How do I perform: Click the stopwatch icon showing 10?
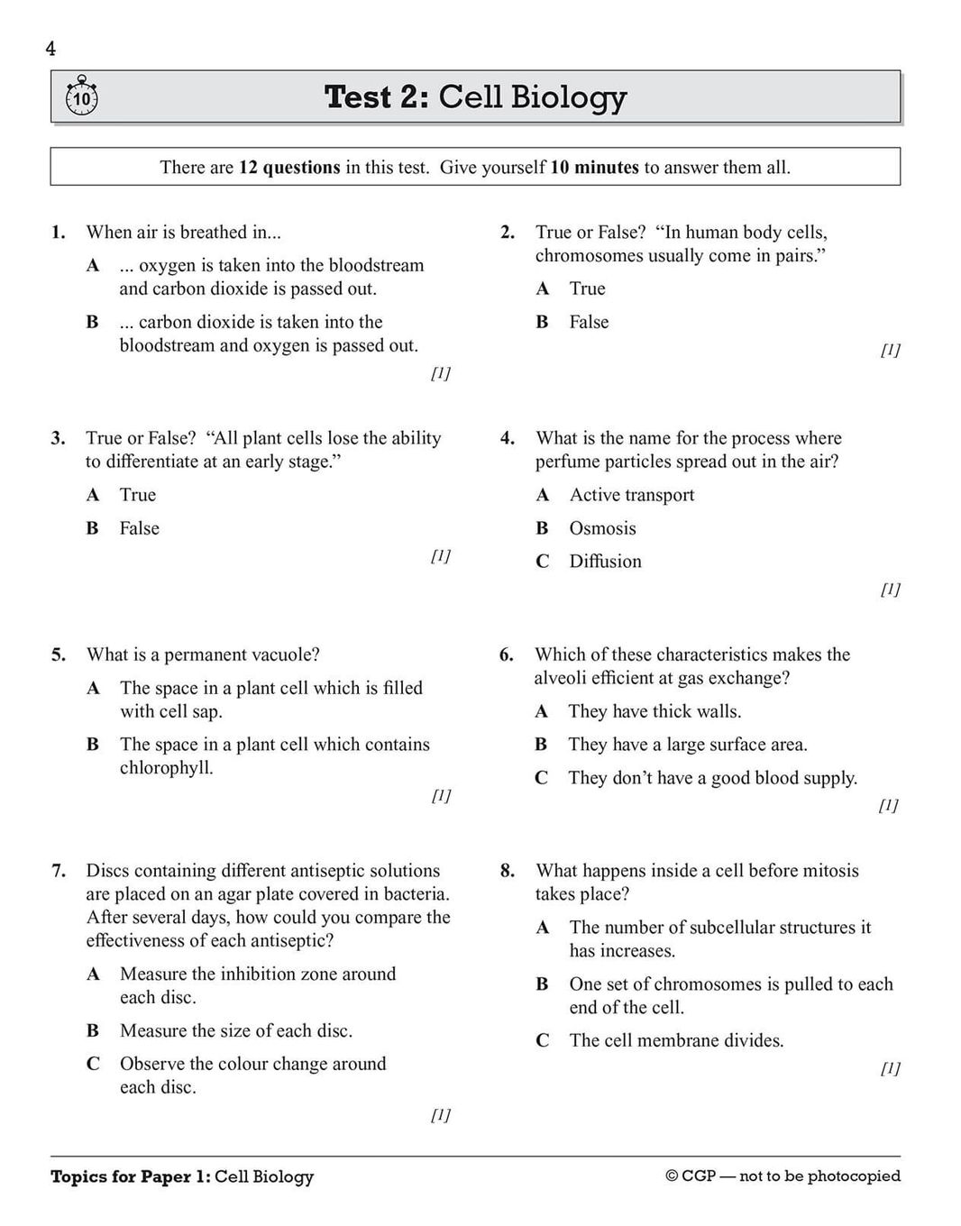coord(82,96)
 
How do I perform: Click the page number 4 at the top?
coord(50,49)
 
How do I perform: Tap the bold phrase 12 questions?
coord(289,168)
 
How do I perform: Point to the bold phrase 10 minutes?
coord(594,168)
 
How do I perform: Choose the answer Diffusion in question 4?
coord(605,562)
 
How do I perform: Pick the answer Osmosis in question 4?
coord(602,528)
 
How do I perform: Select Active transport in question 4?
coord(631,495)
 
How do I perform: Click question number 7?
coord(59,871)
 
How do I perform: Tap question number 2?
coord(508,233)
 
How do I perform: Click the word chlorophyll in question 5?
coord(166,768)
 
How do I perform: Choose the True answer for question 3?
coord(138,495)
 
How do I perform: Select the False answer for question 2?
coord(589,322)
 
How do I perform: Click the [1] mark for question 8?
coord(890,1068)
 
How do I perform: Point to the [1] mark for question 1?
coord(441,373)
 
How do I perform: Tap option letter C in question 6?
coord(541,778)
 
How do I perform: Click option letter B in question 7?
coord(93,1030)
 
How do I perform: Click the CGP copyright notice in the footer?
coord(783,1176)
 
